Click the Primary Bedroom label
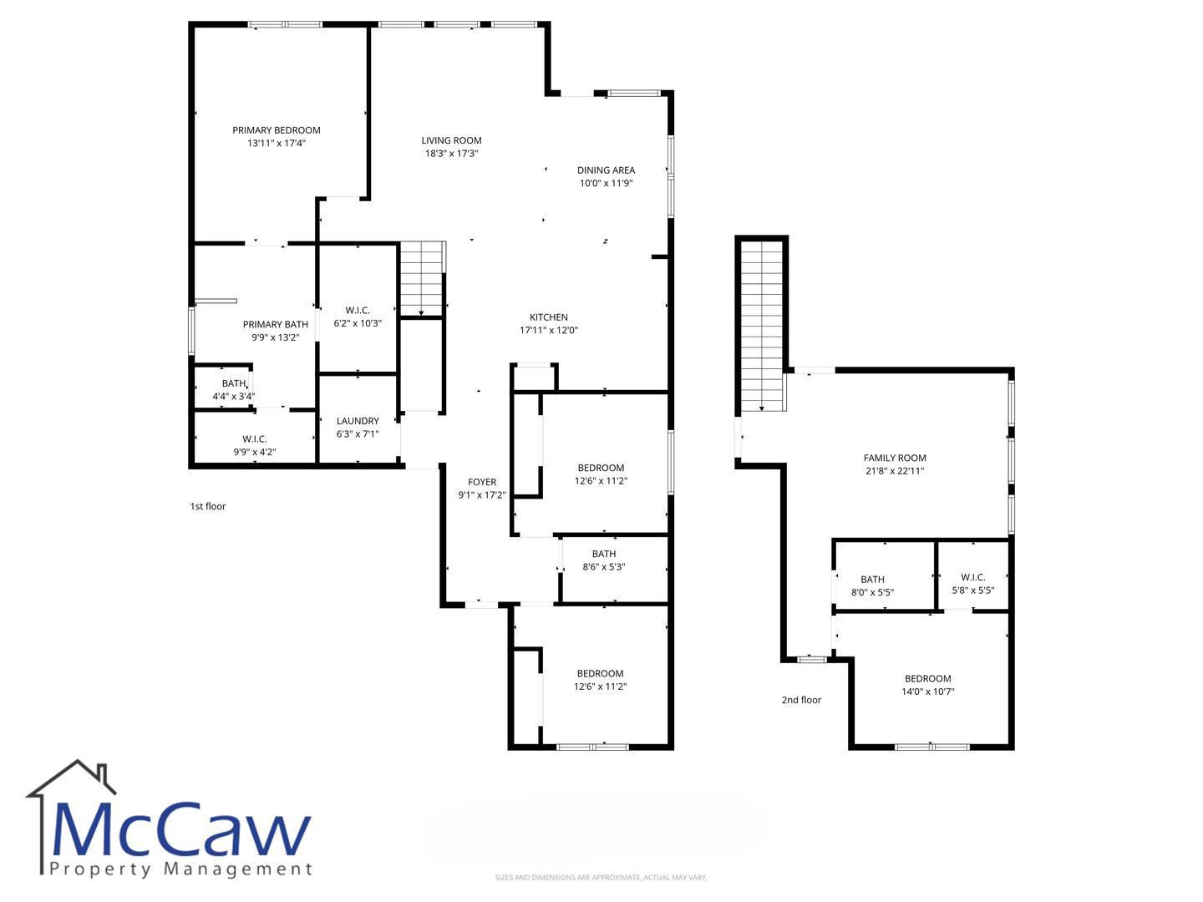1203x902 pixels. pos(277,130)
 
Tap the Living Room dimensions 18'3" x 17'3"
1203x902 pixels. pos(452,154)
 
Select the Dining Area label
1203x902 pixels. pos(606,170)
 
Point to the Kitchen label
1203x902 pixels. pos(549,317)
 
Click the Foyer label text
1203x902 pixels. pos(482,482)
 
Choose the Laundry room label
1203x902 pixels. pos(358,421)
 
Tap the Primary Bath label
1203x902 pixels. pos(275,325)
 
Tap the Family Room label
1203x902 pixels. pos(895,458)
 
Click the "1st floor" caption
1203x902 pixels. pos(208,507)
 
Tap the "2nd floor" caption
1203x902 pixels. pos(801,700)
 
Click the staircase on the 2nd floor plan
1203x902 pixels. pos(761,326)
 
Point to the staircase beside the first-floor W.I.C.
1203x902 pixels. pos(421,278)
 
